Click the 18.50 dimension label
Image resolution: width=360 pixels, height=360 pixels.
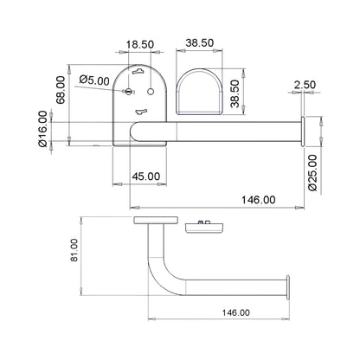140,45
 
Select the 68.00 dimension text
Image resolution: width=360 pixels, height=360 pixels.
61,90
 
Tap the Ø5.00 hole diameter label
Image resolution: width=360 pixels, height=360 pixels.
94,80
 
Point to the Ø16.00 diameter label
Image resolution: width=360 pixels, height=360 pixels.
42,129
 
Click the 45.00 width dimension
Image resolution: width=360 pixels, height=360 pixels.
146,177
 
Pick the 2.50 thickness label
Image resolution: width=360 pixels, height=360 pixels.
305,85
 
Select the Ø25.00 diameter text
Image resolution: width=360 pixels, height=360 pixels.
312,172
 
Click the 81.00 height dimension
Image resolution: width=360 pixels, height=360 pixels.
74,250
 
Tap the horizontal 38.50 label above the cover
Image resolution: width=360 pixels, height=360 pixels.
200,43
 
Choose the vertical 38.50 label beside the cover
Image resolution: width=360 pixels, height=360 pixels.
235,93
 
